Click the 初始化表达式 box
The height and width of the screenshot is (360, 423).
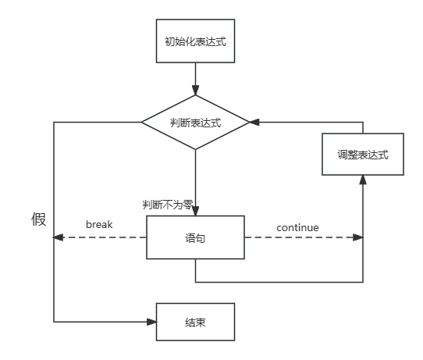pyautogui.click(x=195, y=41)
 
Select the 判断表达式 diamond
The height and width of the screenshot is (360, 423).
pyautogui.click(x=195, y=123)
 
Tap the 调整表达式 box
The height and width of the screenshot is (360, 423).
pyautogui.click(x=363, y=154)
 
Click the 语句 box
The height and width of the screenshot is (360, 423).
pyautogui.click(x=195, y=237)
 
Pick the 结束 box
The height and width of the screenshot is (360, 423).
pyautogui.click(x=195, y=321)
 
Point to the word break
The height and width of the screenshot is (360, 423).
pyautogui.click(x=99, y=225)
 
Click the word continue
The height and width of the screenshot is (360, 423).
pyautogui.click(x=297, y=228)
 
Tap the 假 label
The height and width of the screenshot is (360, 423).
pyautogui.click(x=39, y=219)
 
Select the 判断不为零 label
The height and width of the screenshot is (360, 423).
pyautogui.click(x=167, y=205)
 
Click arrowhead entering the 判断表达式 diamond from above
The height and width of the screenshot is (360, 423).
pyautogui.click(x=195, y=91)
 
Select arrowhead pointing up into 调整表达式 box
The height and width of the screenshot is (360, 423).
pyautogui.click(x=363, y=179)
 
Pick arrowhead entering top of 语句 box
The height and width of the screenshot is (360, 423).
pyautogui.click(x=195, y=211)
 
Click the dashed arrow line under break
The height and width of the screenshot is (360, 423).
pyautogui.click(x=101, y=237)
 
